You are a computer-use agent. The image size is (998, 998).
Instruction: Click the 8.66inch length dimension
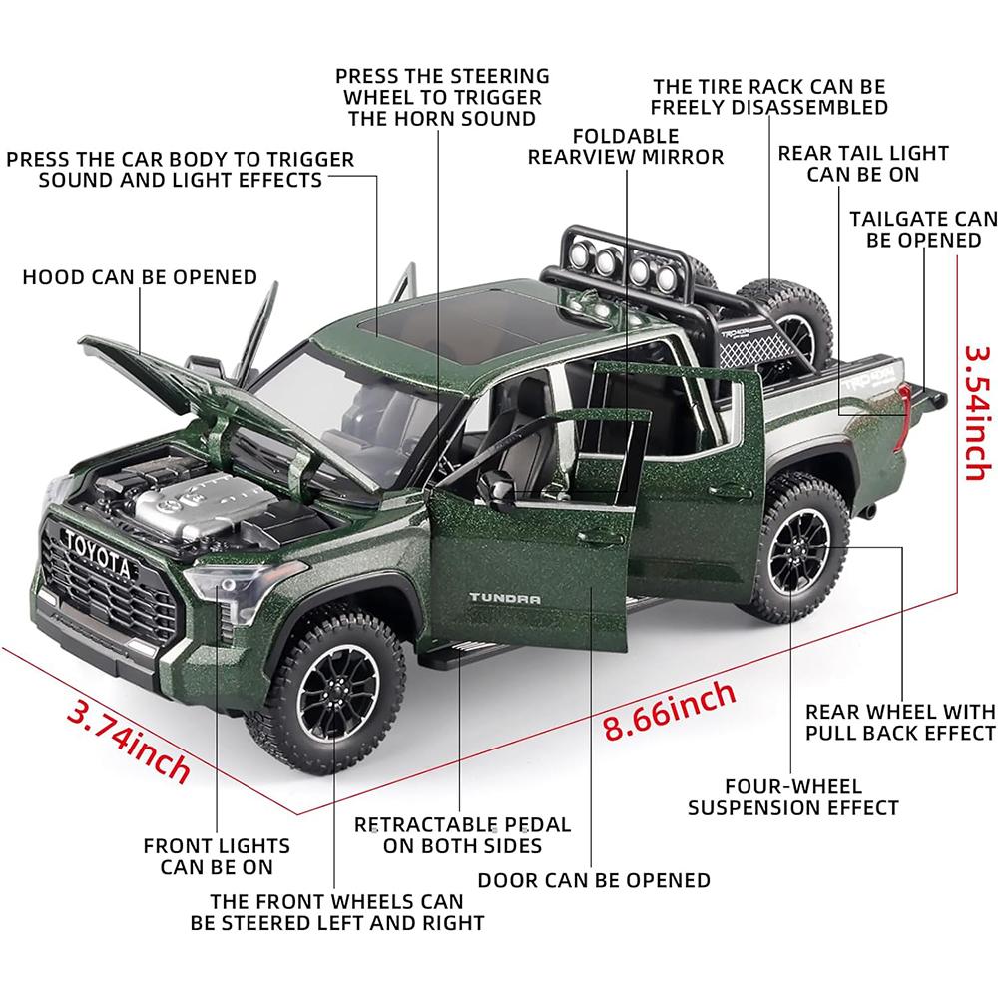(x=670, y=710)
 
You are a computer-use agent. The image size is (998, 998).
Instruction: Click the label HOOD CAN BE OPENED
(x=140, y=276)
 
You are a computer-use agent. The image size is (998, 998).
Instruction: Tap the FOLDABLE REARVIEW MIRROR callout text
(x=626, y=146)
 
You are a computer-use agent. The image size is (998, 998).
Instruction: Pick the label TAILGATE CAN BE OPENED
(x=923, y=229)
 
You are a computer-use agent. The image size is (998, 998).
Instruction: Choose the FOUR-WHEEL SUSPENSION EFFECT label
(x=793, y=797)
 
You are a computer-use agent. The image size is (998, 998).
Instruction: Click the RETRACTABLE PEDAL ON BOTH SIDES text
(x=463, y=835)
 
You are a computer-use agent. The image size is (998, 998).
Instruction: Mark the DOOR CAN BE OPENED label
(x=594, y=880)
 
